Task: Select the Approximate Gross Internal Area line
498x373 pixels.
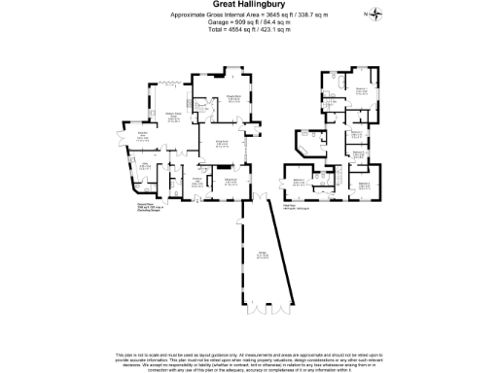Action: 248,15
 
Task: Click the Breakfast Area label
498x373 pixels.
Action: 142,137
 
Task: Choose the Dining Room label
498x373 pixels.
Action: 232,181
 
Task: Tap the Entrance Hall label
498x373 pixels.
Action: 196,182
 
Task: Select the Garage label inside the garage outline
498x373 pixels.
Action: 264,254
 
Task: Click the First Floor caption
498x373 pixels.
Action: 291,206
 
